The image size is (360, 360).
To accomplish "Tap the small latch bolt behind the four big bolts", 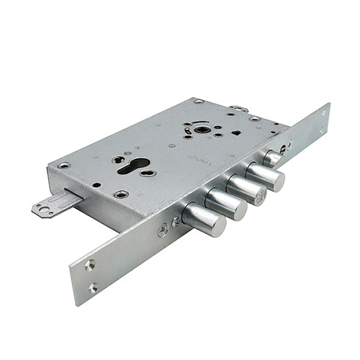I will pos(272,158).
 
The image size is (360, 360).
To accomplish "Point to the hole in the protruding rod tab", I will pos(45,210).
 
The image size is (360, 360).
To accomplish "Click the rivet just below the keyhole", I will pos(120,194).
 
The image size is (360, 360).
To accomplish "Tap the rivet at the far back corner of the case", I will pos(199,102).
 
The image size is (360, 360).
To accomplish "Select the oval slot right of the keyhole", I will pos(148,173).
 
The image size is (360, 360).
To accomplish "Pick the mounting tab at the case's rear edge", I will pos(239,109).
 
